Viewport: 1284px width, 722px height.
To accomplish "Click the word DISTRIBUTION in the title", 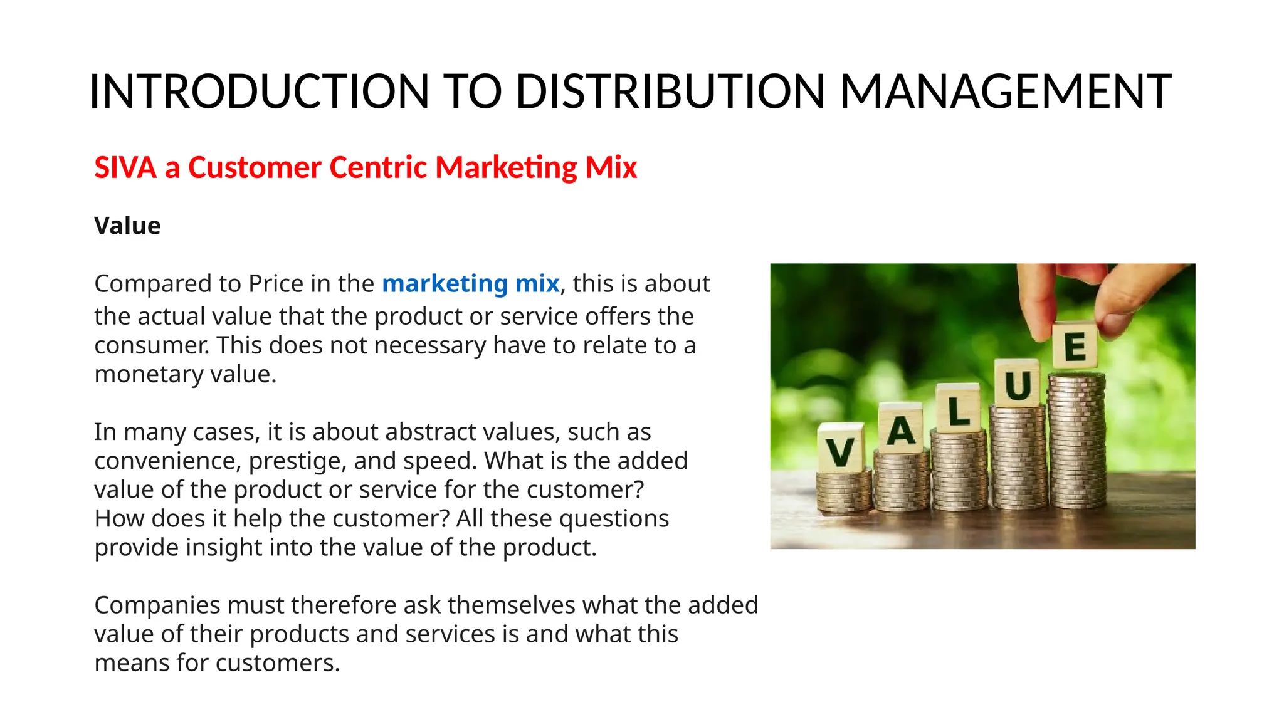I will [670, 92].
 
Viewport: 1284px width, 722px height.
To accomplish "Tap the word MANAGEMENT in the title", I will [1005, 92].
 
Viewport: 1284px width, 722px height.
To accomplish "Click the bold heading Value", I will [127, 226].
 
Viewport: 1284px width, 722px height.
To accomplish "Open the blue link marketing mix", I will [470, 283].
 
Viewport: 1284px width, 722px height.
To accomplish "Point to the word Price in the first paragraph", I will [276, 283].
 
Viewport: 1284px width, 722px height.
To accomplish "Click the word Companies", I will [157, 605].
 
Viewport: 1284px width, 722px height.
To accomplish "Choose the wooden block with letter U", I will [1018, 383].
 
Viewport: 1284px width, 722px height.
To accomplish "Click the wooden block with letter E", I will [1075, 345].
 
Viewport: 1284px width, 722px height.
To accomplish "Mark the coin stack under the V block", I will [844, 492].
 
